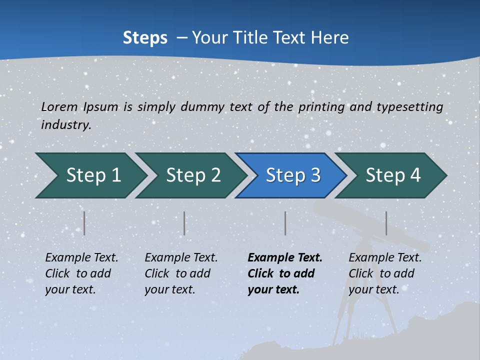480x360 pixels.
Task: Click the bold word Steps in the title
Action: (145, 37)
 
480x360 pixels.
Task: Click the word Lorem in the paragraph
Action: (59, 106)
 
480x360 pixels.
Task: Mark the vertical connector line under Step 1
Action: (84, 223)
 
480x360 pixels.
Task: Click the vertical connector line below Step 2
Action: (184, 223)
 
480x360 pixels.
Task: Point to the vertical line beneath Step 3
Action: (285, 223)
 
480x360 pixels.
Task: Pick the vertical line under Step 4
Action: (386, 223)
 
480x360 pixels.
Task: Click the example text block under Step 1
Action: (81, 273)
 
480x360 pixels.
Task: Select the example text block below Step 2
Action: (181, 273)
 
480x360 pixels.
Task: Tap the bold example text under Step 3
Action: (285, 273)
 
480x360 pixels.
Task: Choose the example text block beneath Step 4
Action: (385, 273)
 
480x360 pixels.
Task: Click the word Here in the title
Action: (329, 37)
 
